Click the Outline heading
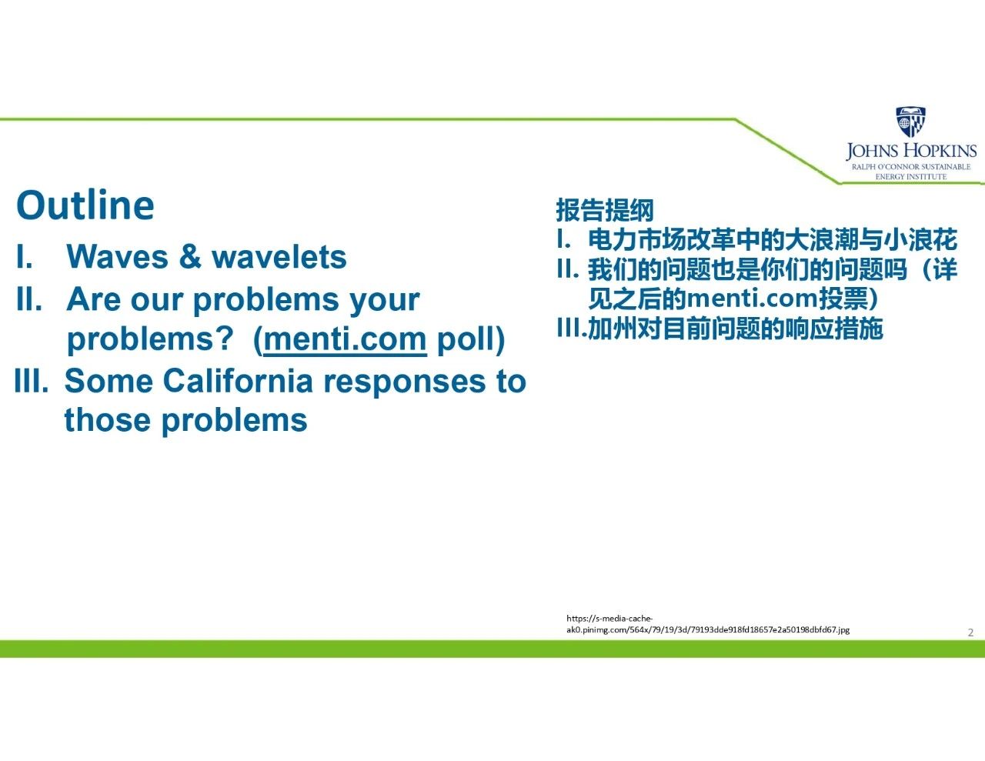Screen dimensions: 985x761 click(85, 205)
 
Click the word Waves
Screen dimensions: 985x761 click(117, 257)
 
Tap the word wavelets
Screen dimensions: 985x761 click(279, 257)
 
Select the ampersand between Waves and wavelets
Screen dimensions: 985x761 click(190, 257)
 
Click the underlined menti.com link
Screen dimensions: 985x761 click(345, 339)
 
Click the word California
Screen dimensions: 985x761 click(238, 381)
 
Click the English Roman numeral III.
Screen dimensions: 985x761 click(32, 381)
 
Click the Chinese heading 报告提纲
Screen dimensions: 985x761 click(605, 210)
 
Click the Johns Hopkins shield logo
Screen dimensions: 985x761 click(910, 122)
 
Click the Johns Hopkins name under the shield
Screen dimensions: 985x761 click(911, 151)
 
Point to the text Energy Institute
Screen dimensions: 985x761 click(911, 176)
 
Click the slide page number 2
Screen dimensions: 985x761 click(970, 632)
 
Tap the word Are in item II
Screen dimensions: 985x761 click(94, 299)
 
